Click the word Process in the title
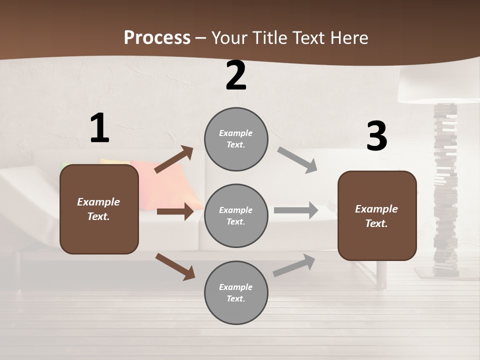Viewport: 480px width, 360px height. click(x=157, y=37)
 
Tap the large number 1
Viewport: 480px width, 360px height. click(x=99, y=128)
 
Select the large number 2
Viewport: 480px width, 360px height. click(x=236, y=76)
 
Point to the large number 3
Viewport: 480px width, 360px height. click(x=376, y=136)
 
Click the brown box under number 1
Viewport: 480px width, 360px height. click(x=99, y=209)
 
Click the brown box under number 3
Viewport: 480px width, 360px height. click(x=377, y=216)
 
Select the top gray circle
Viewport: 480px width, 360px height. click(x=236, y=139)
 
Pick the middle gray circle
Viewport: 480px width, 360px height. click(x=236, y=215)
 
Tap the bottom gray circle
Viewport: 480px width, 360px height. click(x=236, y=292)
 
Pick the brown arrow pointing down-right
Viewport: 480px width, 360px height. click(x=175, y=266)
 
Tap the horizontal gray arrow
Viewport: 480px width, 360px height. click(x=296, y=210)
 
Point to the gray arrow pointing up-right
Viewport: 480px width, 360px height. click(x=294, y=265)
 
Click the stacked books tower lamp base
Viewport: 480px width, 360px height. click(x=445, y=190)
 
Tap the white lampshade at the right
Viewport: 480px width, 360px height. click(x=435, y=85)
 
